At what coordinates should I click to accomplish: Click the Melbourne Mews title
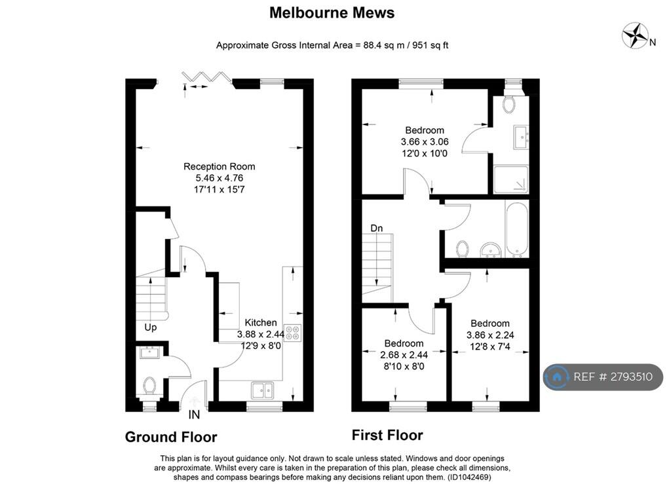point(332,12)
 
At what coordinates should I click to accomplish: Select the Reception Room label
point(219,166)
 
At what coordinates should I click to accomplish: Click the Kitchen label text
point(260,323)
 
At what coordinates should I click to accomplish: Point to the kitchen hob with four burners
point(292,333)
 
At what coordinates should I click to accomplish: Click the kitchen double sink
point(262,390)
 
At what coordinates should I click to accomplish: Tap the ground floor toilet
point(149,386)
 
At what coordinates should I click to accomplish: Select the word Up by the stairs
point(151,327)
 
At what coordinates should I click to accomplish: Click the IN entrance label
point(194,415)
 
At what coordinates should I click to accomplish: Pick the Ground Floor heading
point(170,437)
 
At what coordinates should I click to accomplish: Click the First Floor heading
point(387,435)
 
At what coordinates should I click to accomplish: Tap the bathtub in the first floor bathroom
point(516,228)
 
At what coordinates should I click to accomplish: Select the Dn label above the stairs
point(377,228)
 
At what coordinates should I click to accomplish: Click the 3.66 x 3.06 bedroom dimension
point(424,141)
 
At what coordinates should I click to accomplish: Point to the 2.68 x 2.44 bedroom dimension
point(404,355)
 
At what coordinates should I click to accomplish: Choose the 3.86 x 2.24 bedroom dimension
point(489,335)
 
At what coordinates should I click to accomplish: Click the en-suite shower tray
point(510,179)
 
